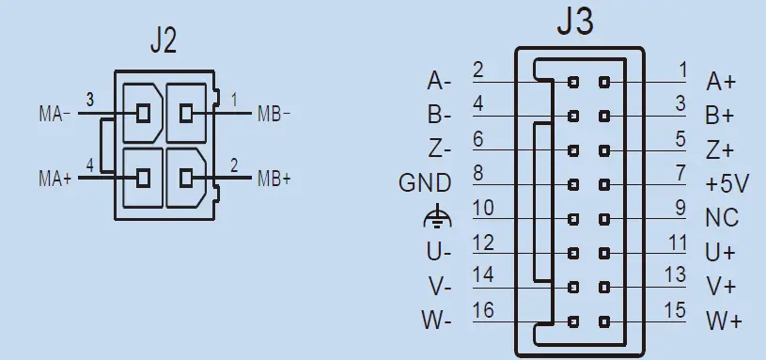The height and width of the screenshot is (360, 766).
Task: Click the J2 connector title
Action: pyautogui.click(x=164, y=40)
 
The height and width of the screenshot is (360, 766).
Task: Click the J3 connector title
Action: pyautogui.click(x=575, y=23)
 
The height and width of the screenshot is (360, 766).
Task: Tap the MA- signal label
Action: pyautogui.click(x=54, y=116)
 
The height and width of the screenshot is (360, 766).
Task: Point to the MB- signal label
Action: pyautogui.click(x=274, y=115)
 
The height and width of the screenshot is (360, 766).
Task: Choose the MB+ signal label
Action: pyautogui.click(x=274, y=177)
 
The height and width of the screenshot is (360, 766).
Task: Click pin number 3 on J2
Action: pyautogui.click(x=89, y=99)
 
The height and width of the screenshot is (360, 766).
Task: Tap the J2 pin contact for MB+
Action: pyautogui.click(x=186, y=176)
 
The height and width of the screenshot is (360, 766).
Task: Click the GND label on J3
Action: pyautogui.click(x=425, y=183)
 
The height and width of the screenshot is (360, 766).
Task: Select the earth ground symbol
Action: pyautogui.click(x=438, y=218)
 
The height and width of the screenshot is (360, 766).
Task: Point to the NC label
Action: pyautogui.click(x=722, y=218)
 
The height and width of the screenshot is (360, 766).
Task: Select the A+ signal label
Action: pyautogui.click(x=722, y=82)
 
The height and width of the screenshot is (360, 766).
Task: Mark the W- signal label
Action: pyautogui.click(x=437, y=321)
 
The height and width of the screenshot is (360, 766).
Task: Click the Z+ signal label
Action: pyautogui.click(x=721, y=149)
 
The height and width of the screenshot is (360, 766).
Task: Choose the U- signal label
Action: pyautogui.click(x=438, y=252)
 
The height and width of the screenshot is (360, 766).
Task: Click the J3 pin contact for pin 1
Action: pyautogui.click(x=603, y=83)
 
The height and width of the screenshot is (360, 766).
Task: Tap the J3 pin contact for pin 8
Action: pyautogui.click(x=572, y=184)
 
